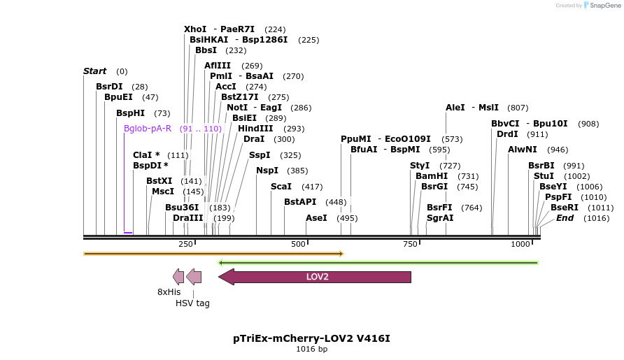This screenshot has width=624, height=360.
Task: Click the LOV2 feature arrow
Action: tap(316, 277)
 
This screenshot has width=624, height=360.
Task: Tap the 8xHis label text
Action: tap(169, 291)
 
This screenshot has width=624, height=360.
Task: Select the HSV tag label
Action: tap(192, 303)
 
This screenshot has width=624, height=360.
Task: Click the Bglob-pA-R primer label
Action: tap(147, 129)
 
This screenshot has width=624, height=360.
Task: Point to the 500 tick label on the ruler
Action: tap(299, 244)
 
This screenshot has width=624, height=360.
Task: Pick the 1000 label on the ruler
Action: tap(520, 244)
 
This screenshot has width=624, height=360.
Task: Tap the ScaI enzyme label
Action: tap(281, 187)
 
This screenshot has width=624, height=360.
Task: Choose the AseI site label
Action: tap(316, 218)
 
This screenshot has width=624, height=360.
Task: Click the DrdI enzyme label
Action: tap(507, 134)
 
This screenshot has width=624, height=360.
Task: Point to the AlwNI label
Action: tap(523, 150)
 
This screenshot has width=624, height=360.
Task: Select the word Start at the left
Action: tap(94, 71)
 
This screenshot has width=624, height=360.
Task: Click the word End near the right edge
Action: tap(565, 218)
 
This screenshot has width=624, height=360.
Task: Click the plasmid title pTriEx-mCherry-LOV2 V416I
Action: tap(311, 338)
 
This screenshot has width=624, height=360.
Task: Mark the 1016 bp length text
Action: tap(311, 349)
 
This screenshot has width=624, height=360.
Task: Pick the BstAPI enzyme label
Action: tap(300, 202)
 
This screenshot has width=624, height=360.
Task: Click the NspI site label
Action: tap(267, 171)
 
